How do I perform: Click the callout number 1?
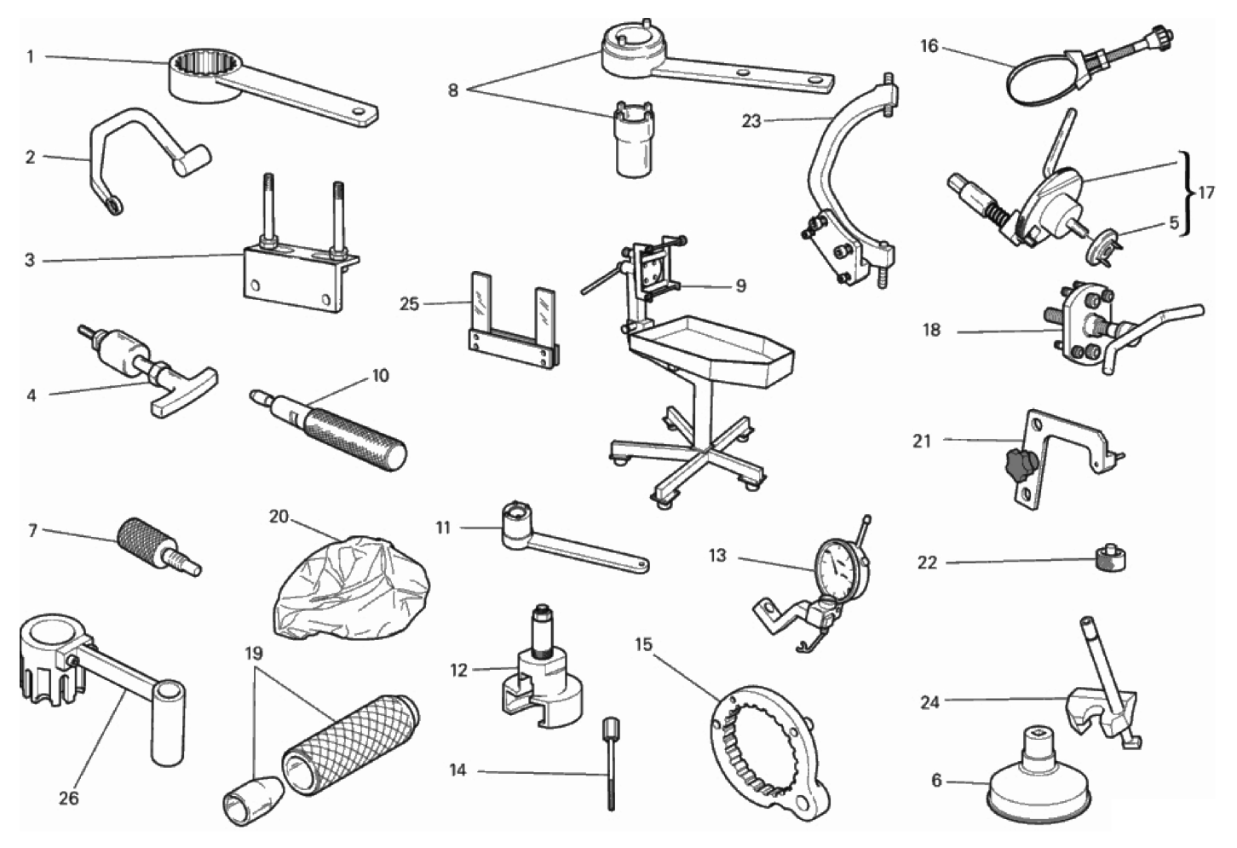tap(31, 56)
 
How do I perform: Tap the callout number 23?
tap(751, 121)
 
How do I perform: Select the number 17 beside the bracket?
tap(1206, 193)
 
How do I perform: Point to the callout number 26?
tap(69, 799)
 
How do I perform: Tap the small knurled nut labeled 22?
tap(1111, 561)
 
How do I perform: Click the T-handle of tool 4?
tap(182, 389)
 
